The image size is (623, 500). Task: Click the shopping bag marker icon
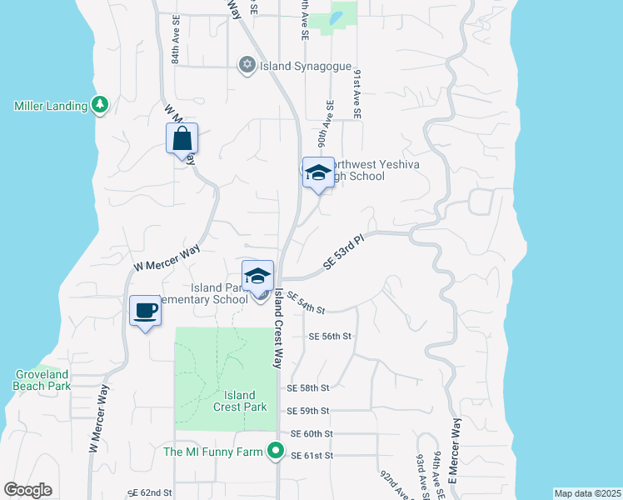[182, 139]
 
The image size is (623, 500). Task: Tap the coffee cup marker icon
[146, 311]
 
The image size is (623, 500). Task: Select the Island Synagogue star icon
[247, 65]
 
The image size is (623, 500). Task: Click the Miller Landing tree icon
[101, 105]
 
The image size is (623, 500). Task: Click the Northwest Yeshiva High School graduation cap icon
[317, 173]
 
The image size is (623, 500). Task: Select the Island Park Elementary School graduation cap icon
[258, 276]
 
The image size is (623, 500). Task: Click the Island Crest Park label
[240, 401]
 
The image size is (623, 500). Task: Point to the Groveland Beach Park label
[40, 381]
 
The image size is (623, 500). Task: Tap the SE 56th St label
[331, 337]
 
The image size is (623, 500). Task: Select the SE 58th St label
[308, 388]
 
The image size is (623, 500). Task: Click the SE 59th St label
[309, 411]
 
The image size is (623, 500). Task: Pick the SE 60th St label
[311, 434]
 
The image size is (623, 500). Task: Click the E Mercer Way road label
[454, 450]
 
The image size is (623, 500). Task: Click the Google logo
[28, 490]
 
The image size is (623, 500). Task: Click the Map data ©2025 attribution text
[586, 493]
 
